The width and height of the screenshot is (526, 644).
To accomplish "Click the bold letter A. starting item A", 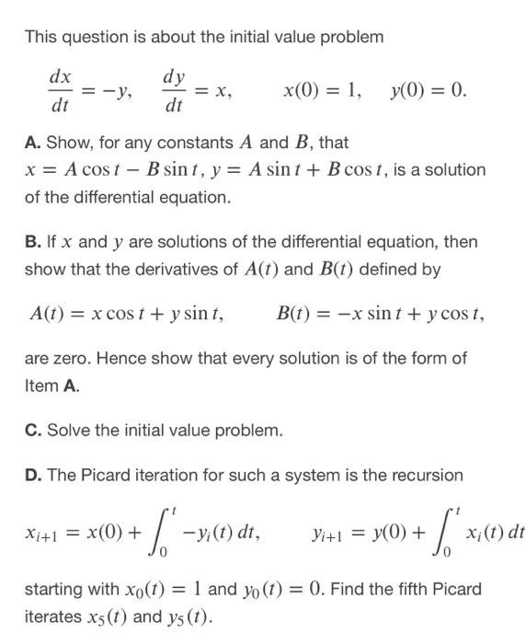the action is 33,144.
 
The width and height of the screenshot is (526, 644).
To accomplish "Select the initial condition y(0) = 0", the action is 429,91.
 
